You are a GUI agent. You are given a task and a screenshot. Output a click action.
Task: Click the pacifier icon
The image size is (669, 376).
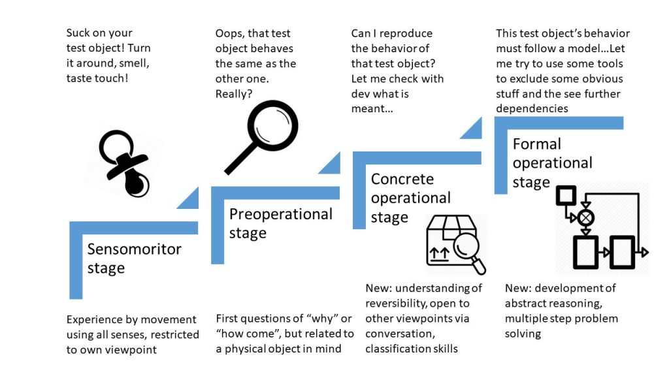[124, 164]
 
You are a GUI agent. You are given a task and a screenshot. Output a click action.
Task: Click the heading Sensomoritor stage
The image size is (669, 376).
[134, 258]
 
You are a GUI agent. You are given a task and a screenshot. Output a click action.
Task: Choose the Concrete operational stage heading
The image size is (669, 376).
[410, 198]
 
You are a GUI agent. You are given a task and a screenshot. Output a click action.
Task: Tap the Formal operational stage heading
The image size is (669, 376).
[552, 163]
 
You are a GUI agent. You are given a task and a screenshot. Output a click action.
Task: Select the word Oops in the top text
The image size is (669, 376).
[230, 33]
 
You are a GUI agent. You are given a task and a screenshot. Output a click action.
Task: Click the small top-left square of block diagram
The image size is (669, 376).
[565, 195]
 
